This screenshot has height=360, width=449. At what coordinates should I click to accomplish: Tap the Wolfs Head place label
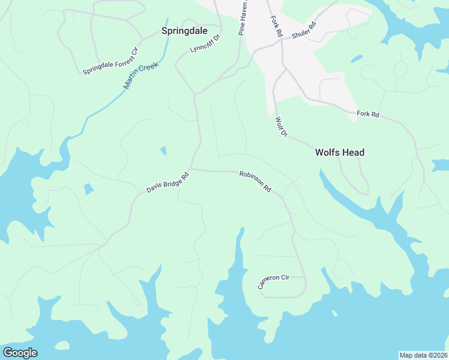(x=340, y=152)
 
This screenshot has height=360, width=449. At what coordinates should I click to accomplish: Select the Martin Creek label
(x=140, y=75)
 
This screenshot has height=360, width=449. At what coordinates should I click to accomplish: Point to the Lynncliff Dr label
(x=206, y=42)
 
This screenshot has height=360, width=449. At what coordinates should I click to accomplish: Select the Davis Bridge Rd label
(x=167, y=182)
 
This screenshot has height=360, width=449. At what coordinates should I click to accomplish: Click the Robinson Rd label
(x=255, y=181)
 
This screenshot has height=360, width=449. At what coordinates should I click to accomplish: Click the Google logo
(x=20, y=353)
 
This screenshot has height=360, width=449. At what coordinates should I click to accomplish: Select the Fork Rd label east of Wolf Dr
(x=368, y=113)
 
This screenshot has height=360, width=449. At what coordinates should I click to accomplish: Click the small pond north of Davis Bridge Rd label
(x=163, y=151)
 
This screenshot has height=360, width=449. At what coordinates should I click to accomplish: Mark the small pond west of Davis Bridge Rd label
(x=89, y=189)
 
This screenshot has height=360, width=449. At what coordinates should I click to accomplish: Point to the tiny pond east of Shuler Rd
(x=357, y=59)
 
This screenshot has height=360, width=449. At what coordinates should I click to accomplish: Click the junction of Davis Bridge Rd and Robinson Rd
(x=191, y=170)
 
